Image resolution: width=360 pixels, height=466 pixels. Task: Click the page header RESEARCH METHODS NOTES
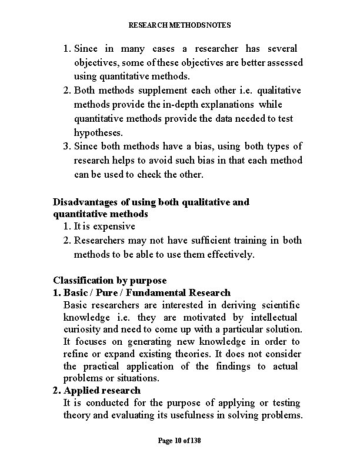[x=179, y=25]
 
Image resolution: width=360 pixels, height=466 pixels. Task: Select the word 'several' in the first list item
[x=282, y=48]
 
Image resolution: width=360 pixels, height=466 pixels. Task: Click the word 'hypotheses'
[x=97, y=133]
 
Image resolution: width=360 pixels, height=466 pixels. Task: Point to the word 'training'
[x=252, y=240]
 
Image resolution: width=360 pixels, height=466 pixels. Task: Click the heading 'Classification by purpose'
[x=109, y=280]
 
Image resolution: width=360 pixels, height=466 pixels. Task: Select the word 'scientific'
[x=277, y=305]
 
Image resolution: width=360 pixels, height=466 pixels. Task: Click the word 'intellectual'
[x=276, y=317]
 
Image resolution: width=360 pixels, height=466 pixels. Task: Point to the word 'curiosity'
[x=82, y=329]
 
